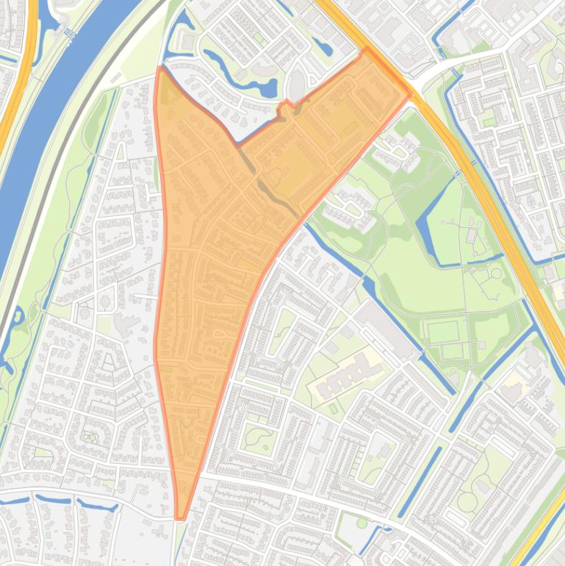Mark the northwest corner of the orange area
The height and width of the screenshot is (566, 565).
tap(161, 69)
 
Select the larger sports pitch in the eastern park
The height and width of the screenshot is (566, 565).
tap(442, 333)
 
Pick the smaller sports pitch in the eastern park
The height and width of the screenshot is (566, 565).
tap(453, 351)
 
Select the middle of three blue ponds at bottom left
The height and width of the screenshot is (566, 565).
tap(54, 500)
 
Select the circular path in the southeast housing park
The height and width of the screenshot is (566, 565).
tap(467, 502)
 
